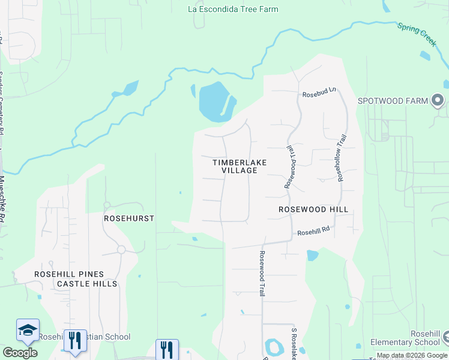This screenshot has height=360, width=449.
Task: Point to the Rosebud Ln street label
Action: click(x=319, y=94)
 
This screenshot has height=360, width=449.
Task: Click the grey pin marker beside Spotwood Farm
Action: click(x=438, y=100)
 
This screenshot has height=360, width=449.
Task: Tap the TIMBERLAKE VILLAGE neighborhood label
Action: click(x=239, y=166)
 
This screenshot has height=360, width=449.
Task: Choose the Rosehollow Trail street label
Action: click(x=342, y=158)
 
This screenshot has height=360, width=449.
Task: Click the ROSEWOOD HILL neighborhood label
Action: click(x=313, y=209)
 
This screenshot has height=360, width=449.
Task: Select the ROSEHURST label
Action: click(x=129, y=219)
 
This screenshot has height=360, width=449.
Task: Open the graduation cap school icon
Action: click(x=28, y=331)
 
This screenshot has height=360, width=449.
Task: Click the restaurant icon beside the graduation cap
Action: click(x=75, y=340)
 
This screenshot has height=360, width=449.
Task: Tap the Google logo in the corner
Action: click(x=20, y=352)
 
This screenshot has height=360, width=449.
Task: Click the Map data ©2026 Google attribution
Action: click(x=411, y=355)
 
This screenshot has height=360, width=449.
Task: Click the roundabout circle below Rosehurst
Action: click(x=121, y=249)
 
